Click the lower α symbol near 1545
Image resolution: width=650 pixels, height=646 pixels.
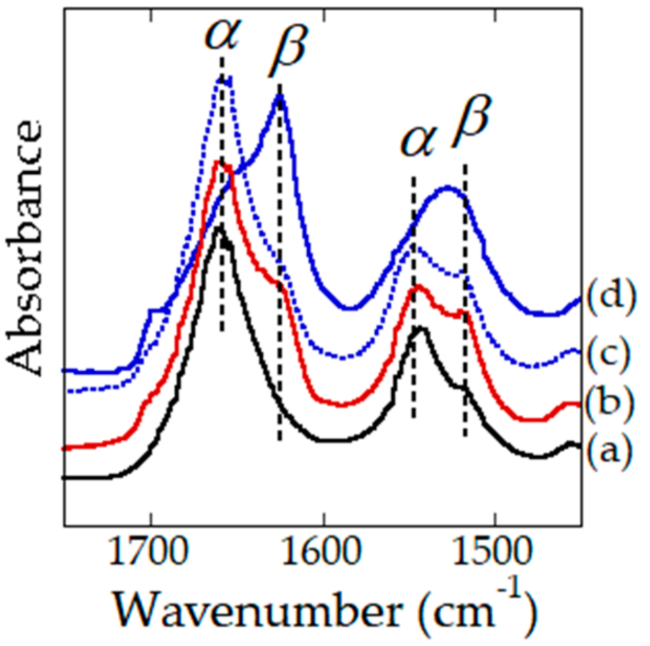417,140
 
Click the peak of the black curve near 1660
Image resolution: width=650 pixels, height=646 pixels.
220,227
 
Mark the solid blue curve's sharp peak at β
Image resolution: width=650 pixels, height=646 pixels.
280,96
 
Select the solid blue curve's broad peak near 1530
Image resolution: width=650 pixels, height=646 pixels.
447,187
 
